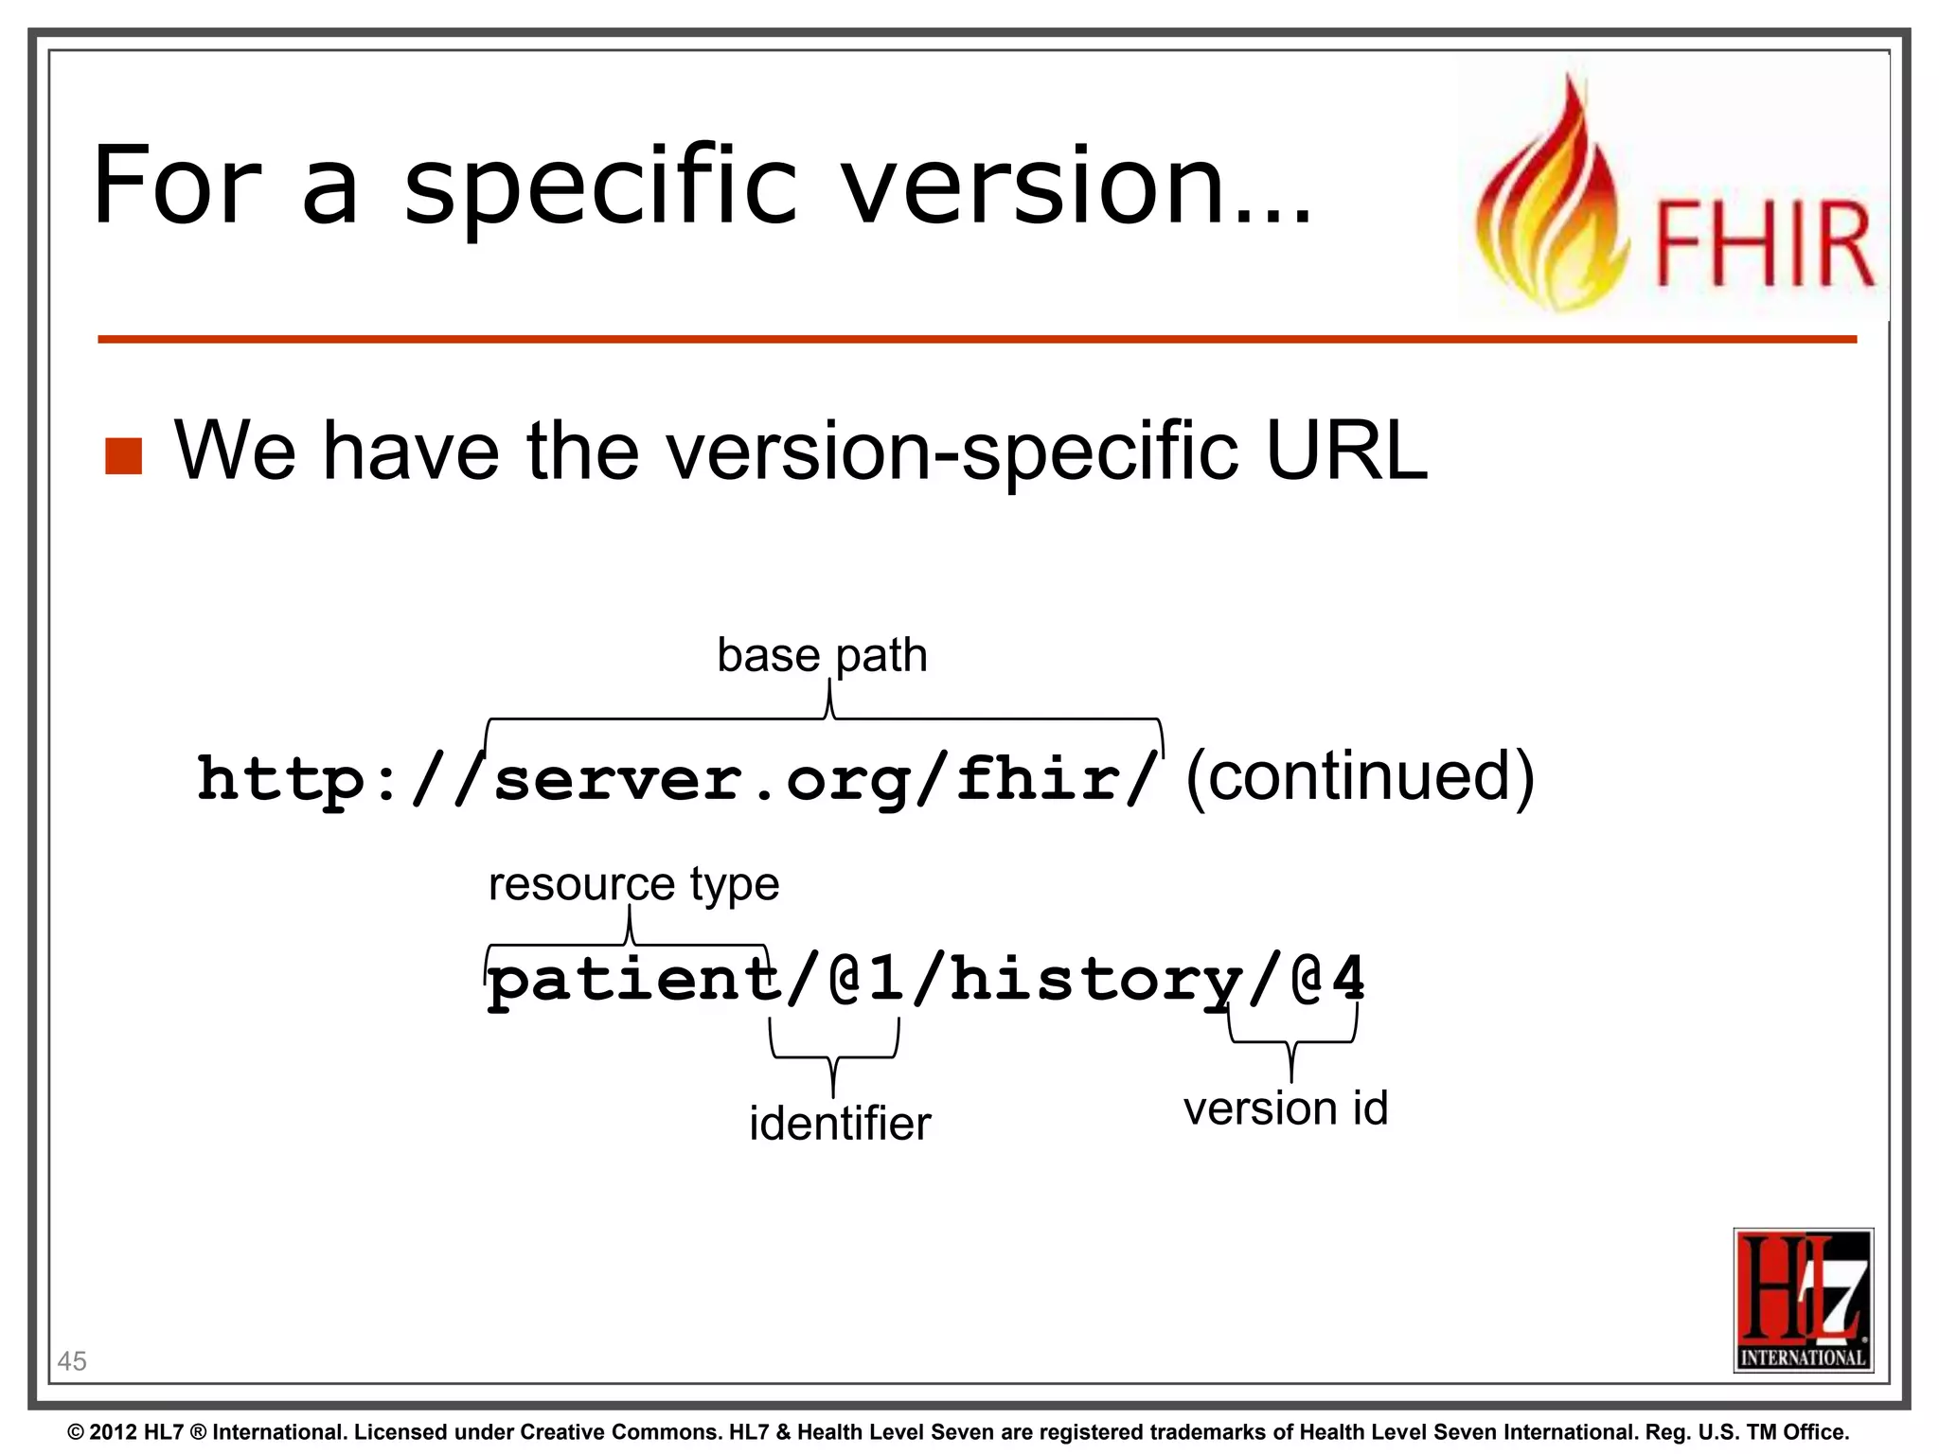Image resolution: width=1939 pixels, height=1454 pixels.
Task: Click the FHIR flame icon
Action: click(x=1553, y=199)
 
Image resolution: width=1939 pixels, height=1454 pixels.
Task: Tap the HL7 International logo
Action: click(x=1803, y=1300)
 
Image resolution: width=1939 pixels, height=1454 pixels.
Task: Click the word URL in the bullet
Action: click(x=1346, y=451)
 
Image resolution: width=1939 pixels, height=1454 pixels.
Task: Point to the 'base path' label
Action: click(x=822, y=655)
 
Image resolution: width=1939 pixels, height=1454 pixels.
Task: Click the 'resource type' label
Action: click(x=633, y=884)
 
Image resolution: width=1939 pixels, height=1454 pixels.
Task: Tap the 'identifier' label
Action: click(x=840, y=1124)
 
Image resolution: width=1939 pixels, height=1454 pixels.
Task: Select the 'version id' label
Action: click(x=1285, y=1108)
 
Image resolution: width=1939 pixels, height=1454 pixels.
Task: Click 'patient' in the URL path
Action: click(x=632, y=980)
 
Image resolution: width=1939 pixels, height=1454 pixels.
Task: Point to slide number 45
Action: click(x=72, y=1361)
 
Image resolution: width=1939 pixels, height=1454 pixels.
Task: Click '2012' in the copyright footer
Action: click(x=114, y=1432)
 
